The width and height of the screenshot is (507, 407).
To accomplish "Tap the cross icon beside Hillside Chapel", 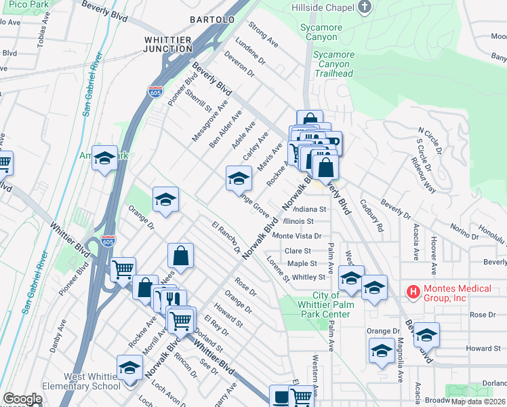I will [365, 7].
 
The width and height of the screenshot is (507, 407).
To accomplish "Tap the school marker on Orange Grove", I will [238, 179].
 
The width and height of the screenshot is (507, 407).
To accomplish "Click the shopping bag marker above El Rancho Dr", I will [181, 256].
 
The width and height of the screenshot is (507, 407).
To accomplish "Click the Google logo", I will [22, 399].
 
